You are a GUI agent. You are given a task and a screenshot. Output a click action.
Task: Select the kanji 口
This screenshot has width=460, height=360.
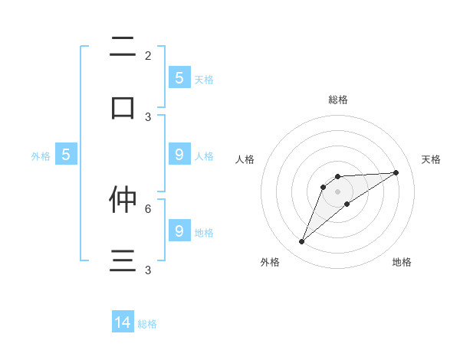pyautogui.click(x=123, y=107)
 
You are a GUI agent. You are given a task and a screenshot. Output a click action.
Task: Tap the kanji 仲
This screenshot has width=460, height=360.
pyautogui.click(x=123, y=199)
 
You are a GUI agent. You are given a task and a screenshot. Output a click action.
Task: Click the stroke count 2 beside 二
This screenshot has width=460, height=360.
pyautogui.click(x=148, y=55)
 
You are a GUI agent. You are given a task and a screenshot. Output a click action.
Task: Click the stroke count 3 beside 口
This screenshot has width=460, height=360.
pyautogui.click(x=148, y=116)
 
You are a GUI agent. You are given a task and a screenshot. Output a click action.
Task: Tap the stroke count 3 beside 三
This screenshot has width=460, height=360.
pyautogui.click(x=148, y=270)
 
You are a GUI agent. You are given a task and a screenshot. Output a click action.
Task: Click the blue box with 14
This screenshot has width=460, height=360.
pyautogui.click(x=123, y=322)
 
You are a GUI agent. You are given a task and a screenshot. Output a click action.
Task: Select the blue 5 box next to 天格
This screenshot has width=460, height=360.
pyautogui.click(x=179, y=77)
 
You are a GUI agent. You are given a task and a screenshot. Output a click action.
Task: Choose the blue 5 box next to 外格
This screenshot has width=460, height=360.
pyautogui.click(x=66, y=155)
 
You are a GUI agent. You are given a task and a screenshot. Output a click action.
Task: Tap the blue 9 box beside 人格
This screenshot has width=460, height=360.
pyautogui.click(x=179, y=155)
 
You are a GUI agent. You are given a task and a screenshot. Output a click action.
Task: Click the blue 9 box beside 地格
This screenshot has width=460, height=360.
pyautogui.click(x=179, y=231)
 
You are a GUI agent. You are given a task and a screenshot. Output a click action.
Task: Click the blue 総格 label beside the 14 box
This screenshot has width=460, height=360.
pyautogui.click(x=147, y=324)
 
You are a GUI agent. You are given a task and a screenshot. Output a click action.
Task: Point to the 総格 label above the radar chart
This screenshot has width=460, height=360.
pyautogui.click(x=338, y=100)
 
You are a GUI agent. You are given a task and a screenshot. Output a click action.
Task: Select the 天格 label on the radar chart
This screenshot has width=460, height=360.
pyautogui.click(x=432, y=159)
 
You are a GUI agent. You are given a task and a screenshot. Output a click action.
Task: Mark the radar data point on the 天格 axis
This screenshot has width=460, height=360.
pyautogui.click(x=396, y=172)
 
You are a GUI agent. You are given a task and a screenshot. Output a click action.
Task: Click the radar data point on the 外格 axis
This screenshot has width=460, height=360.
pyautogui.click(x=301, y=242)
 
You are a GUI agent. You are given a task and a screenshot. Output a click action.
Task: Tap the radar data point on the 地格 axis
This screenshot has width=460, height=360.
pyautogui.click(x=347, y=204)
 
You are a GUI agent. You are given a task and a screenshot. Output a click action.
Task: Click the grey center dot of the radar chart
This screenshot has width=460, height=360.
pyautogui.click(x=337, y=191)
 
